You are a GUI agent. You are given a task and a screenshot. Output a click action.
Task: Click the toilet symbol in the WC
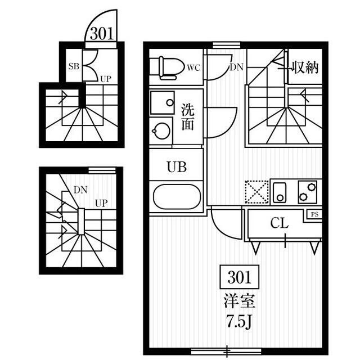click(171, 68)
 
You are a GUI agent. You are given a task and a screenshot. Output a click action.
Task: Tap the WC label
click(193, 68)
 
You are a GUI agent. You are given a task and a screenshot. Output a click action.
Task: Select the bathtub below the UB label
click(177, 197)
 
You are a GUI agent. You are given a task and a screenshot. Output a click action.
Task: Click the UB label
click(177, 167)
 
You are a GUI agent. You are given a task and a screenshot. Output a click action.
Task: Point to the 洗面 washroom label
click(188, 117)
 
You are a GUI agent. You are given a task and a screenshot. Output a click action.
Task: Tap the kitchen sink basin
click(280, 192)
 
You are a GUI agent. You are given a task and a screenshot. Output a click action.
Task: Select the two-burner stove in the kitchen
click(308, 192)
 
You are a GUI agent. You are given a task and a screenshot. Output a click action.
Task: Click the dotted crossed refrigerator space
click(257, 192)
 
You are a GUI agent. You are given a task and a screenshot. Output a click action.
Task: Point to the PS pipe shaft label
click(315, 214)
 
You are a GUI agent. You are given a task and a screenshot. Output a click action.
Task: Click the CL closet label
click(279, 223)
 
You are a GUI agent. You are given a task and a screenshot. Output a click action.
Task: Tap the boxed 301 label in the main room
click(240, 277)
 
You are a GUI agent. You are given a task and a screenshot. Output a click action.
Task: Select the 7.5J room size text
click(240, 322)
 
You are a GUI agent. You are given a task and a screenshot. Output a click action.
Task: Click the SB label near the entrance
click(74, 66)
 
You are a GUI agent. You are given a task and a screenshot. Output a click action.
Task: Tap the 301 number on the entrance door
click(102, 34)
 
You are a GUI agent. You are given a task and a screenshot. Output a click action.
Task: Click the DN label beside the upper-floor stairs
click(236, 67)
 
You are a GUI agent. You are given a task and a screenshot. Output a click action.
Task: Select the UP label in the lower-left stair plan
click(101, 204)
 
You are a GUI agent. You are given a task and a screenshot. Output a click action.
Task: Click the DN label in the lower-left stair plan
click(80, 190)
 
